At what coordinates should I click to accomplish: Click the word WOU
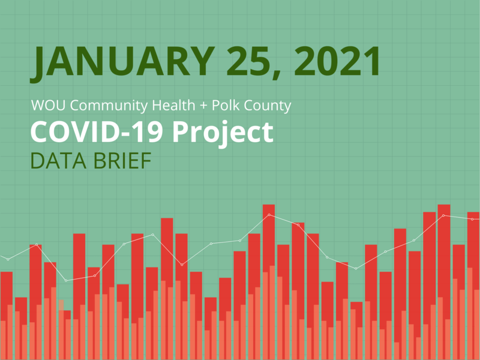tap(46, 106)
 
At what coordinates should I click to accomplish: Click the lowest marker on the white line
tap(66, 280)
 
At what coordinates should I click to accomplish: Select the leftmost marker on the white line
tap(8, 259)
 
